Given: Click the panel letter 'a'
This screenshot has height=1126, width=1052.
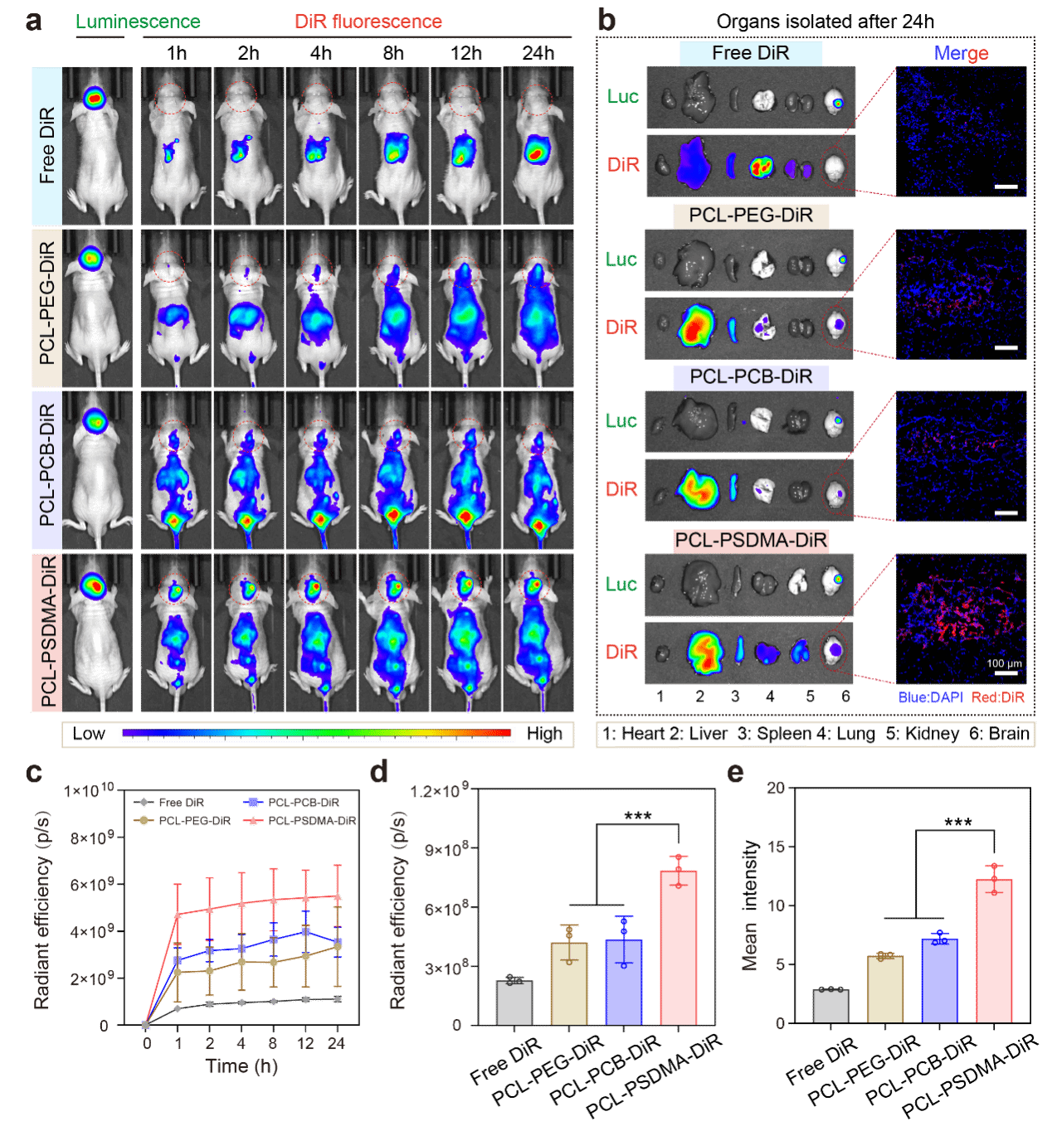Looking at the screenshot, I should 32,21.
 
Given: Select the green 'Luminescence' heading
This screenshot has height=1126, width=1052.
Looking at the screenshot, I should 138,22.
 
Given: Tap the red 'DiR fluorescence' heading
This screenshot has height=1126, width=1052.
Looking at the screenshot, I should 368,22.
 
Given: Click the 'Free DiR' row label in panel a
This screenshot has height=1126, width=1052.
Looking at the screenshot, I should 46,146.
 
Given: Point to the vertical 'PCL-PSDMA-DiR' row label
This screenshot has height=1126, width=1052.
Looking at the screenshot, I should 47,632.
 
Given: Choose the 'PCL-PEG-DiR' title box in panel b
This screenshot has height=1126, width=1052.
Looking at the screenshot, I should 751,216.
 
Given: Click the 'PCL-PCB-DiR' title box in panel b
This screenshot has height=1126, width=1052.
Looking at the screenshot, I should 751,377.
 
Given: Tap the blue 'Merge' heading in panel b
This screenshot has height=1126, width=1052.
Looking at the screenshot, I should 961,53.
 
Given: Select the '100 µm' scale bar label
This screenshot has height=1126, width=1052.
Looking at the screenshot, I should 1004,663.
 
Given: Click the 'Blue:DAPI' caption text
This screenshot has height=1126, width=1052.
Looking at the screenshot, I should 930,697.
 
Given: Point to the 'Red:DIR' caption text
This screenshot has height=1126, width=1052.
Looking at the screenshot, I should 998,697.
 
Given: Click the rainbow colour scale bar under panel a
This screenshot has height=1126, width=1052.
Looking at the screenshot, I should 316,734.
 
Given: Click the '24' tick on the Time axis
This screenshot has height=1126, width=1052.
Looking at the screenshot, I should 336,1044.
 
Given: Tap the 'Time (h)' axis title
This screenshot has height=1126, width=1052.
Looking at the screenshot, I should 241,1066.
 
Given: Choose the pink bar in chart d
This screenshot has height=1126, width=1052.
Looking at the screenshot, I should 679,947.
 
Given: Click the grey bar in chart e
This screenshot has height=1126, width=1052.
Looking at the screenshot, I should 830,1006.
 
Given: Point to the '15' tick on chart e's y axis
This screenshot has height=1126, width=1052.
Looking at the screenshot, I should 776,847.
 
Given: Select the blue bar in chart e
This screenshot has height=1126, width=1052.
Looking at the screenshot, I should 939,981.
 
